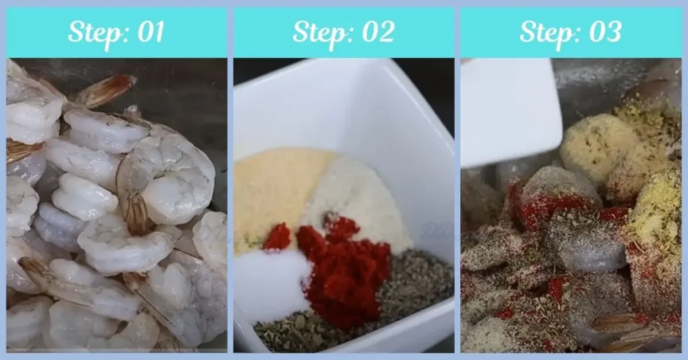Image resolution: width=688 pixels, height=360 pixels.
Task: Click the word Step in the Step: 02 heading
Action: [316, 32]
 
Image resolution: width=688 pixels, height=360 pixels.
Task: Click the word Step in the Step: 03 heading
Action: [544, 32]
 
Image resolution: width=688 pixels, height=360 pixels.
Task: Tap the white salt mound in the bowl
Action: [273, 282]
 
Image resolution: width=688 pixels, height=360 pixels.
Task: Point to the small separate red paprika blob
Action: [277, 236]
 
